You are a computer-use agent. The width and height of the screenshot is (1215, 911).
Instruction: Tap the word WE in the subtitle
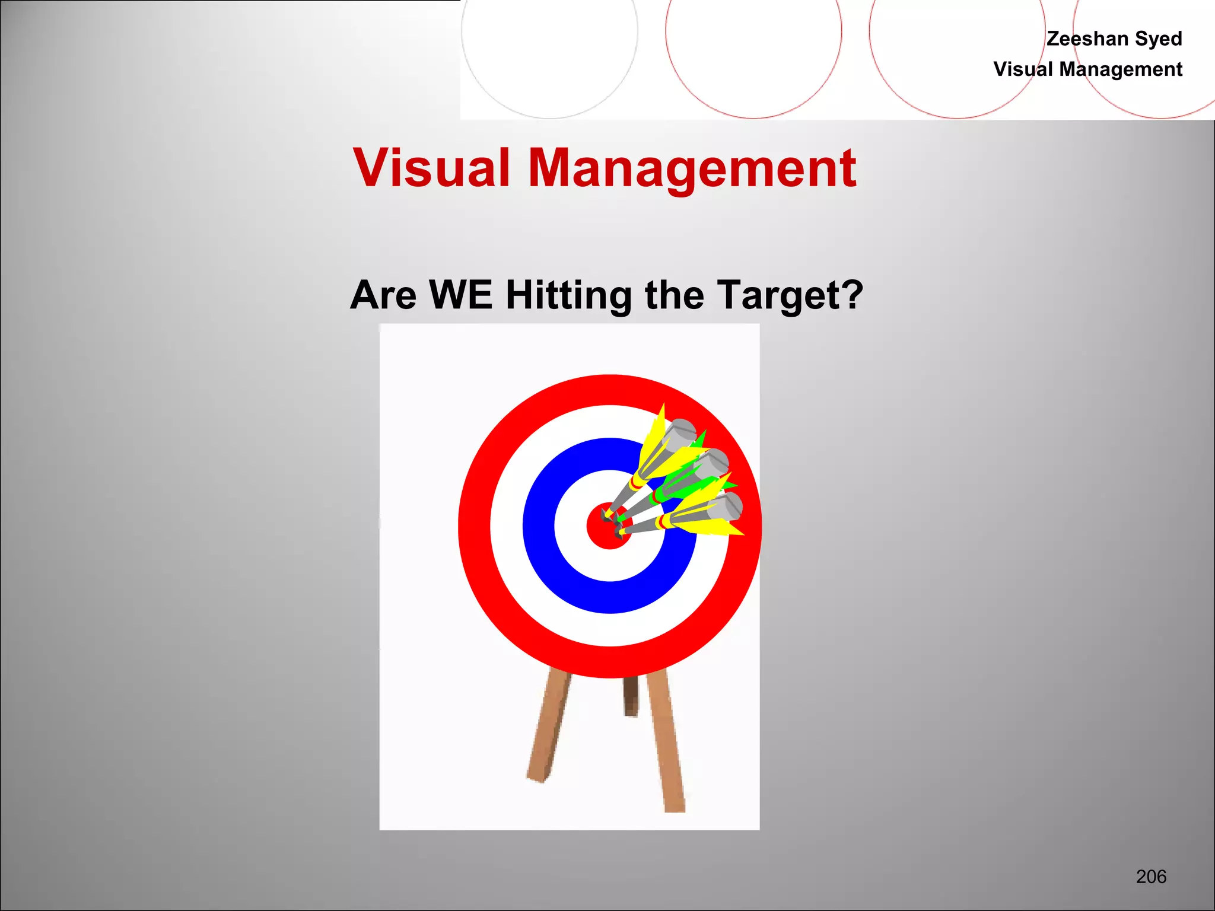[460, 295]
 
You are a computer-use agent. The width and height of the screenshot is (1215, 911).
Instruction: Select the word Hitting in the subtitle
[568, 296]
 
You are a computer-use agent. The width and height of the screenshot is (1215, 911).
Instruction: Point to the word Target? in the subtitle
[790, 296]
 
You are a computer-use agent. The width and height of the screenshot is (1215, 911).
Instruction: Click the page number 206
[1151, 876]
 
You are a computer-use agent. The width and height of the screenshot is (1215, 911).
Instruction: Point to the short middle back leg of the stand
[631, 696]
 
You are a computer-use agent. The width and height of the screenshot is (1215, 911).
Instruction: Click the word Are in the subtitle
[383, 295]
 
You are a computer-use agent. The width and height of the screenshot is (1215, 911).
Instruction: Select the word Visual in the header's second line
[1023, 69]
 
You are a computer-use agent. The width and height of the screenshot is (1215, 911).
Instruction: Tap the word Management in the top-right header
[1121, 69]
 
